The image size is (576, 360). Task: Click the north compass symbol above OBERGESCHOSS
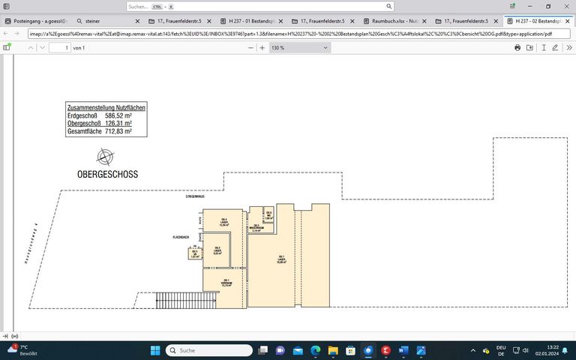(106, 157)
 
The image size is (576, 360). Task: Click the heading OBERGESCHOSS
(107, 174)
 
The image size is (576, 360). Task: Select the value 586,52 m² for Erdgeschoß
(118, 115)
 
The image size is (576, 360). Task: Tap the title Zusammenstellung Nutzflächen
(106, 108)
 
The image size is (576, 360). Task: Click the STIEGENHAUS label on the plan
(195, 196)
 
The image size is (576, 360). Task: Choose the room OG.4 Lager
(223, 223)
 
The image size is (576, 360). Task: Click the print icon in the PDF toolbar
(517, 48)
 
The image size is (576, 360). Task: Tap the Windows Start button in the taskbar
(155, 350)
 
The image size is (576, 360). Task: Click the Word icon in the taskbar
(403, 350)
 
